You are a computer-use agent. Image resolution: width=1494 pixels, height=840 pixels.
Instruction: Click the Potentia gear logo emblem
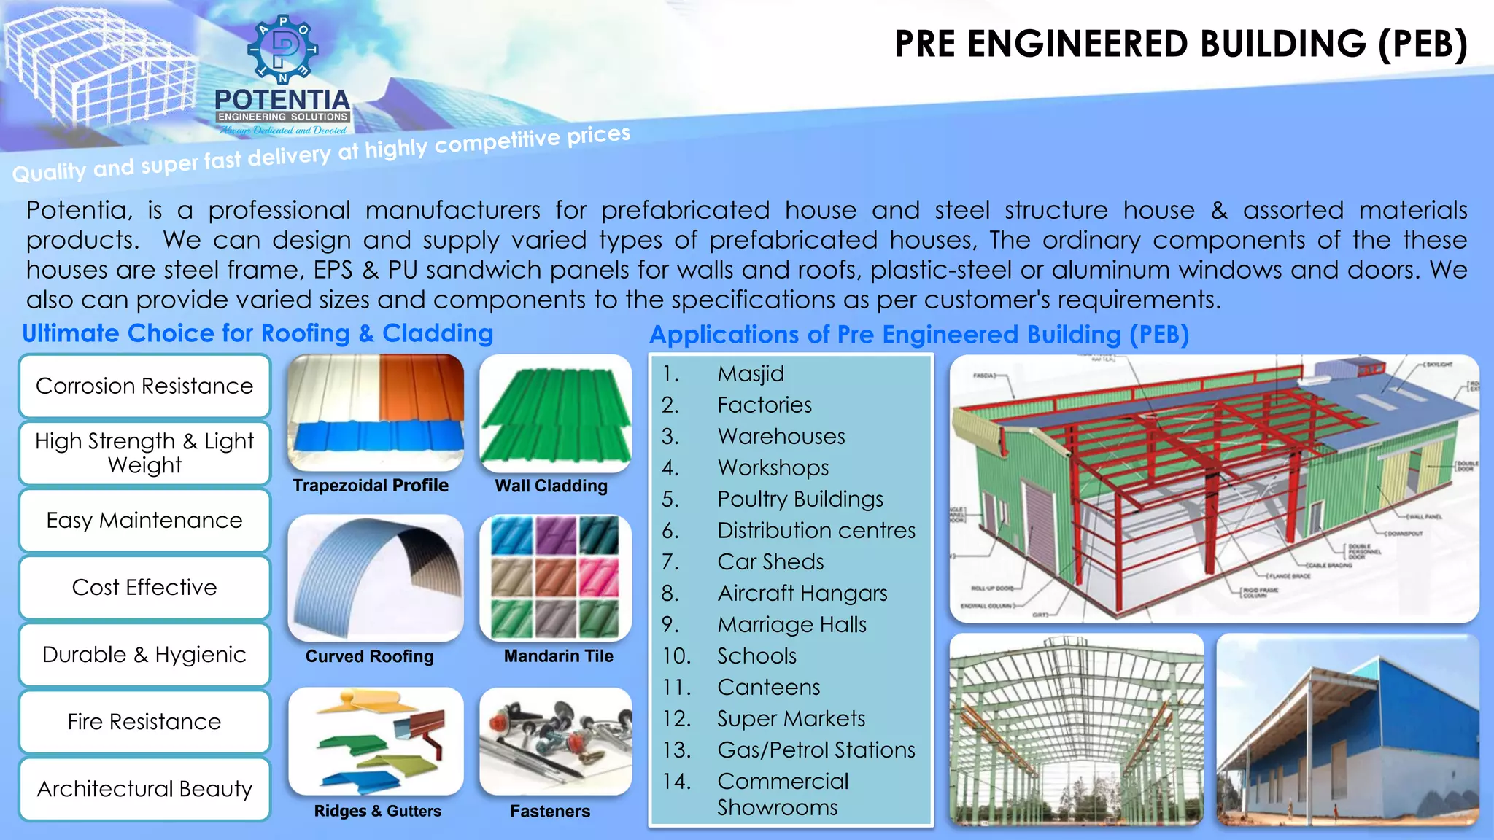point(283,50)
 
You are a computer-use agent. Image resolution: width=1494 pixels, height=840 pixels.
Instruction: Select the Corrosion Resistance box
point(144,386)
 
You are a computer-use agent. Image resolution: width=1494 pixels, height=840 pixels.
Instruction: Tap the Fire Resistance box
point(144,722)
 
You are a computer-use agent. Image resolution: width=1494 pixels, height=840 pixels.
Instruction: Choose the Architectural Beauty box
point(144,789)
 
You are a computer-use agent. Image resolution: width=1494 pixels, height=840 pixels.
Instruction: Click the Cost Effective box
point(144,587)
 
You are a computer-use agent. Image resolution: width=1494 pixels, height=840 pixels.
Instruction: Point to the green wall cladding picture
point(555,413)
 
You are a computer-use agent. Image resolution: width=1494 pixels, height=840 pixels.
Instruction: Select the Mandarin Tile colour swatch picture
point(555,577)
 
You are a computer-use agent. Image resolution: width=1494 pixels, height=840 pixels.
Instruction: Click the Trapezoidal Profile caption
point(371,486)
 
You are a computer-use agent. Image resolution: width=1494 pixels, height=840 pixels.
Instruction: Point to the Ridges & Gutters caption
point(377,811)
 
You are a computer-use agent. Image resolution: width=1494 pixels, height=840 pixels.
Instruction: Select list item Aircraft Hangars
point(802,594)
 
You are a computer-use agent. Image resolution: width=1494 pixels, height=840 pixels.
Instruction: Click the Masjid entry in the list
point(751,374)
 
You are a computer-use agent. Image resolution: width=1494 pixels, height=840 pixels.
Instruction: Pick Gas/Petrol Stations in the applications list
point(816,750)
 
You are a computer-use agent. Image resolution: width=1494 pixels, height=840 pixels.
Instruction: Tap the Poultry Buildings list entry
point(800,499)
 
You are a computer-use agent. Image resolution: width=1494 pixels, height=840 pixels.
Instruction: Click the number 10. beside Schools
point(676,656)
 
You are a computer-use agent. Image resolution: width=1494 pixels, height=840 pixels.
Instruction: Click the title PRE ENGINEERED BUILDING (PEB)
point(1180,44)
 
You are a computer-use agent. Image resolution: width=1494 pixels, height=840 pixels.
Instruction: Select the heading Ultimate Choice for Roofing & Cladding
point(258,333)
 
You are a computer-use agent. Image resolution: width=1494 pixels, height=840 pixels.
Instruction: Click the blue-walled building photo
point(1347,729)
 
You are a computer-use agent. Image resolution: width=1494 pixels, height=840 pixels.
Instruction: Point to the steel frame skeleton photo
point(1076,729)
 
